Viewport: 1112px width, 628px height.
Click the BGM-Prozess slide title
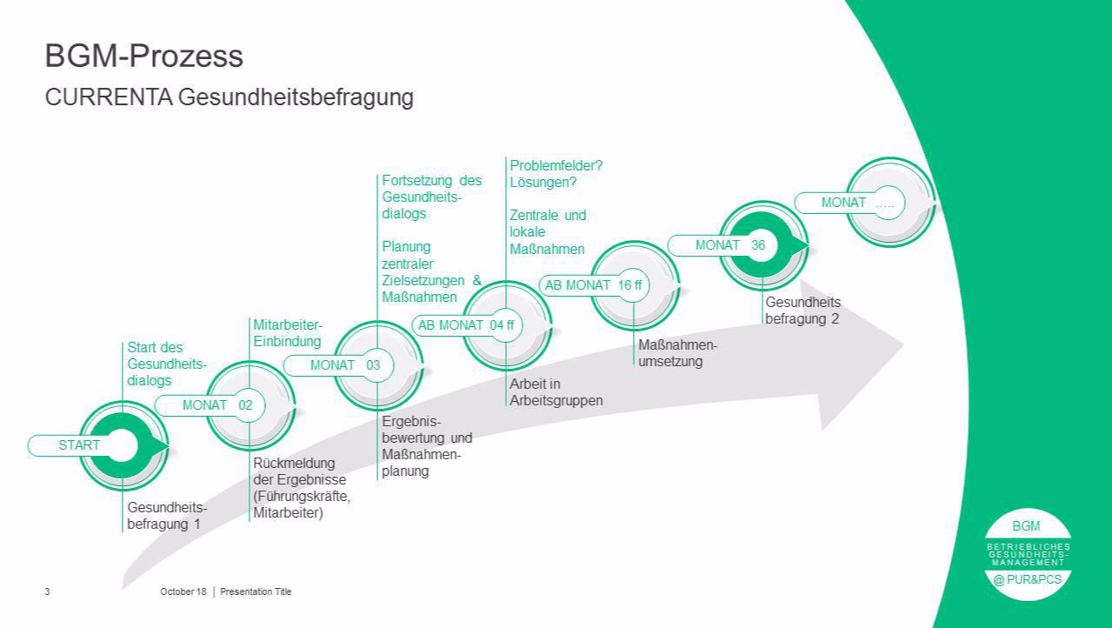(144, 57)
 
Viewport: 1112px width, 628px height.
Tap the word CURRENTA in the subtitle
(109, 97)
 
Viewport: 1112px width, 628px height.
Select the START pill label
(79, 445)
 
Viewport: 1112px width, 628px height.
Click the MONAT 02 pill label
(217, 405)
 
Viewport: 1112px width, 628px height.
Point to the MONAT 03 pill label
(345, 365)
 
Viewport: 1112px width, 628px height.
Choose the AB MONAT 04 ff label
(466, 325)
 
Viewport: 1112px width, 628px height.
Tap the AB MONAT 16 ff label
(593, 285)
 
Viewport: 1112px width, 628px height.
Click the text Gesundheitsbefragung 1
(167, 516)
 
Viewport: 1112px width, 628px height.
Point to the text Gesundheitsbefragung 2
(802, 311)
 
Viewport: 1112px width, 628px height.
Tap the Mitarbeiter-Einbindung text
(288, 333)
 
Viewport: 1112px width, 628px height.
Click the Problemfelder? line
(556, 165)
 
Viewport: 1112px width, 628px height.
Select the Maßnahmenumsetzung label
(677, 353)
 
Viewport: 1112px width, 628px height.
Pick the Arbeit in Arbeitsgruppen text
(556, 392)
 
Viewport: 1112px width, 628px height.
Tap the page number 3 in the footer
(47, 591)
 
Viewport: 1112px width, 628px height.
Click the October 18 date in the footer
(183, 591)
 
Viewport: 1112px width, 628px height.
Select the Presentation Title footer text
(256, 591)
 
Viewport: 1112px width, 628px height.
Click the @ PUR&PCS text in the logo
(1027, 580)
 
